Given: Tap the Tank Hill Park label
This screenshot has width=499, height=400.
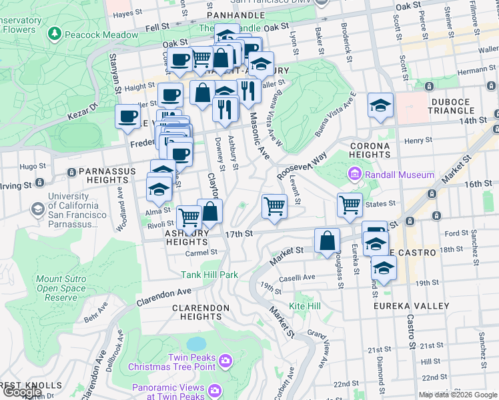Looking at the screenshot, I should point(209,274).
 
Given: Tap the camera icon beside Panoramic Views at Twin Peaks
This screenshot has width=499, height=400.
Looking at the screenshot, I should point(214,390).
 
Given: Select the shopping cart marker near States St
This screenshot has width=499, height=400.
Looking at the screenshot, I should point(350,205).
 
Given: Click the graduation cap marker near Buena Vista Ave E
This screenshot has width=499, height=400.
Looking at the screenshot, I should point(380,105).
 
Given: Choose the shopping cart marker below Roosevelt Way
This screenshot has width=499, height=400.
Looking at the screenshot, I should point(274,205).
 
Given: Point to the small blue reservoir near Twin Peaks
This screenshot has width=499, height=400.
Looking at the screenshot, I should point(196,343).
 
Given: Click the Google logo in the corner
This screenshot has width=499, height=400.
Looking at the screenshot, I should point(23,392).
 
